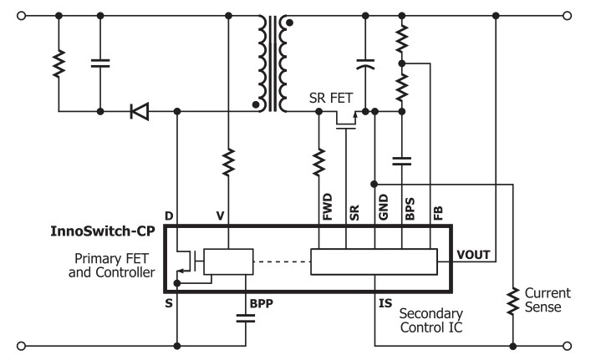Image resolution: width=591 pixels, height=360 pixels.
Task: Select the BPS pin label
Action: click(x=410, y=207)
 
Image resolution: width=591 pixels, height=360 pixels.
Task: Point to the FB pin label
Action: click(x=437, y=210)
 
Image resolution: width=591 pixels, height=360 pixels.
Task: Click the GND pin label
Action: click(x=382, y=206)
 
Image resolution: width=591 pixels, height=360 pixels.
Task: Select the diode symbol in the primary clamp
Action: click(x=139, y=110)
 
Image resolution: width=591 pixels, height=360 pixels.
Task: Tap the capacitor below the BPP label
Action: click(x=246, y=317)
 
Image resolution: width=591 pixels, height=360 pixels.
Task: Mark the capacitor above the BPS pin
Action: click(x=402, y=160)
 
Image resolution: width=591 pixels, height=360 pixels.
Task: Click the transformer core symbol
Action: click(x=275, y=63)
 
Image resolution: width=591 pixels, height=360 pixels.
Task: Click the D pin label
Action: click(x=169, y=216)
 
